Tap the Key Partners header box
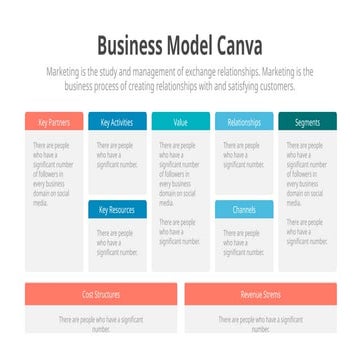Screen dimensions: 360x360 point(54,122)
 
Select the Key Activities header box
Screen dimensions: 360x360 point(117,122)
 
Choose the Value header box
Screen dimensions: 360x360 point(180,122)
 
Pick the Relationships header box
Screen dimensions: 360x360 point(243,122)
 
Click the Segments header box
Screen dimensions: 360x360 point(307,122)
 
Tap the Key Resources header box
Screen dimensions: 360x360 point(117,209)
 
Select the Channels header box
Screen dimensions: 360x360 point(243,209)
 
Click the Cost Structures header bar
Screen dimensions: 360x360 point(101,294)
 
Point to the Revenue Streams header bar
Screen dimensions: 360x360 point(260,294)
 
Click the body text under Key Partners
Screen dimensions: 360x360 point(53,173)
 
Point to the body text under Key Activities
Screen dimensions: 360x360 point(115,156)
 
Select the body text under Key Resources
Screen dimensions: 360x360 point(116,241)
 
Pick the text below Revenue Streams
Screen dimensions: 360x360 point(260,323)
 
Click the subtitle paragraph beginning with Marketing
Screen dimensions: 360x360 point(180,80)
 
